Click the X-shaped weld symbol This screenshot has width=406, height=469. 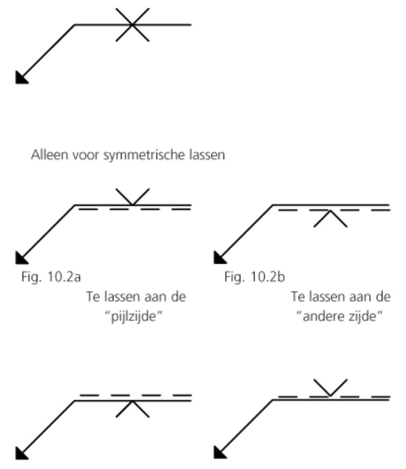point(132,25)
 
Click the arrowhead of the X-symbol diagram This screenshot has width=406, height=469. point(21,79)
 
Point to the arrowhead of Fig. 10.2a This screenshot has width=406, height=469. point(21,258)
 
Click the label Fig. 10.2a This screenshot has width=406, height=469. point(51,277)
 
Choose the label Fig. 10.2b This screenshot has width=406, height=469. point(255,277)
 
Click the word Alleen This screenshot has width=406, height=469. point(50,155)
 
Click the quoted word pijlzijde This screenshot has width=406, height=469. point(136,317)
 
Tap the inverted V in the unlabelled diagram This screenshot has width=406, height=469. point(132,409)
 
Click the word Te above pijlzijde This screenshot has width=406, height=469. point(93,297)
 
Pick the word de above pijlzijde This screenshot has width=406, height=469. point(179,297)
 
